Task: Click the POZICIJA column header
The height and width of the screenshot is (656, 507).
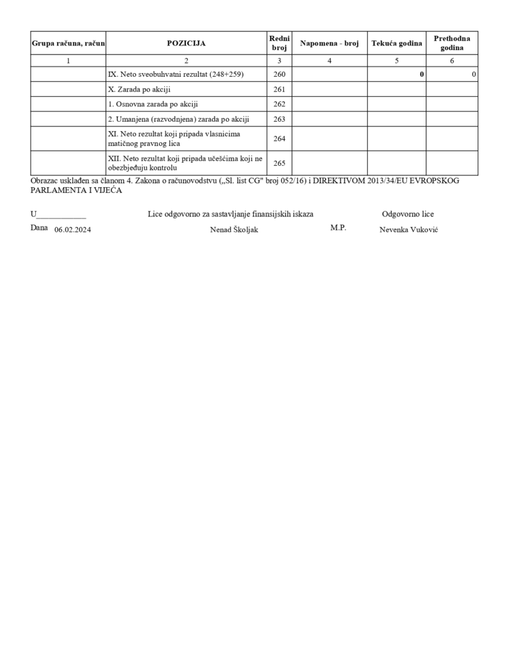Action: point(186,44)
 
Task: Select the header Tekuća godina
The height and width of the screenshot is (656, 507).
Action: point(397,44)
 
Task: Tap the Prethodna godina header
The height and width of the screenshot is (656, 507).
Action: point(452,44)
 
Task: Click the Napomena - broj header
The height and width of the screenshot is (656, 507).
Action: point(329,44)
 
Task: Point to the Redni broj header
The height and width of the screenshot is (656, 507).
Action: point(279,44)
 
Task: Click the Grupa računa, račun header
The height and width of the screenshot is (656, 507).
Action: point(69,44)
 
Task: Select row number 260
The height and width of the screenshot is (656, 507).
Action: point(279,74)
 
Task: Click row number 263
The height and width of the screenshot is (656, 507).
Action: point(279,119)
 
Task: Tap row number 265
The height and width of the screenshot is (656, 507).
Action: point(279,163)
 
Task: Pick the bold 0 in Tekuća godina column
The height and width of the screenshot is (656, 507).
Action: point(422,75)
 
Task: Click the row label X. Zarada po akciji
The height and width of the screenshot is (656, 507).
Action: point(139,89)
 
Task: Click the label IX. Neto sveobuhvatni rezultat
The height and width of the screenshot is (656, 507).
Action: point(176,74)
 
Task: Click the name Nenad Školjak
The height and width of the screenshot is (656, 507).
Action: point(234,230)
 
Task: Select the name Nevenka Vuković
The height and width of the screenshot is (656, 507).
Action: point(409,230)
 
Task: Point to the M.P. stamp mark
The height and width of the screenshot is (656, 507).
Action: point(338,228)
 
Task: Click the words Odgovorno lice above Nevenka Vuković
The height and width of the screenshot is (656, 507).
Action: point(408,214)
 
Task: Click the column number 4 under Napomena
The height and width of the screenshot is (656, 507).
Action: point(329,61)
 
